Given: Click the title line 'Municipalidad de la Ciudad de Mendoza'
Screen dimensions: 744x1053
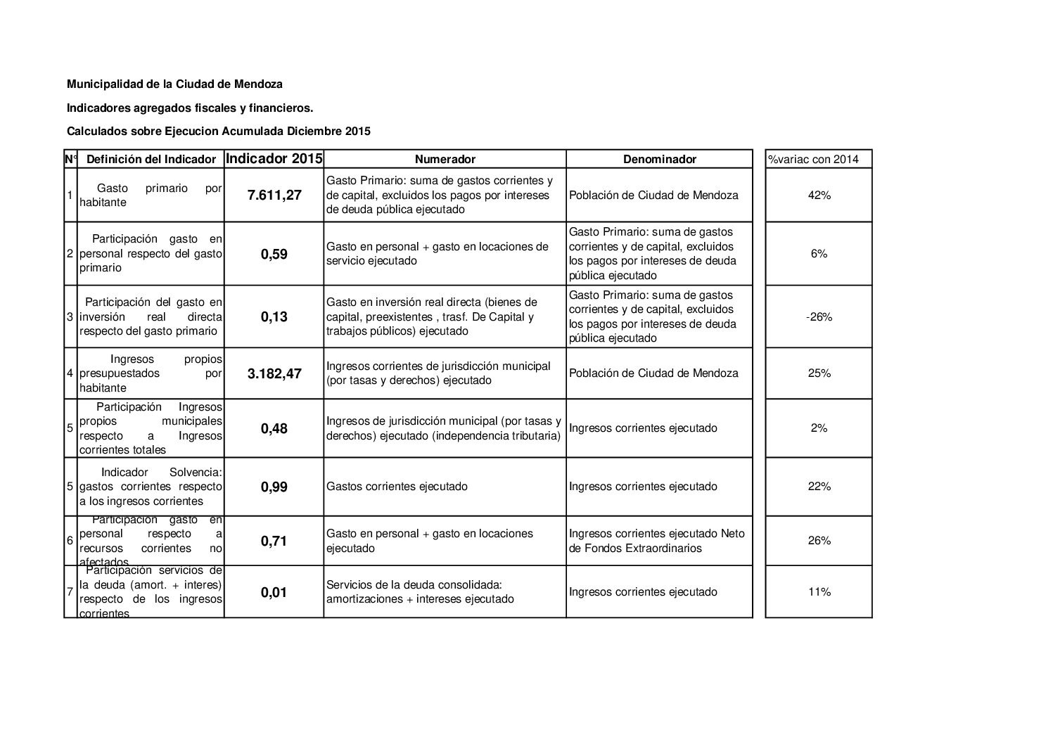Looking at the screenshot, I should click(x=174, y=84).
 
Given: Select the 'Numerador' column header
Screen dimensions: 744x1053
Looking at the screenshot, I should click(x=445, y=159).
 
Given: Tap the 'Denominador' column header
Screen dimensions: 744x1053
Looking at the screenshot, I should click(x=659, y=159).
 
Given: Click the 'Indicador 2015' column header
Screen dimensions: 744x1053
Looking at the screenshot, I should click(x=274, y=158).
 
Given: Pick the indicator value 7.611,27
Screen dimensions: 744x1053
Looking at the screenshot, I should click(x=274, y=195).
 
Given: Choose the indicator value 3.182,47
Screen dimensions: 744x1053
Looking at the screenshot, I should click(x=274, y=373).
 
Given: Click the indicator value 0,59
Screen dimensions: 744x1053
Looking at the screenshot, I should click(x=274, y=254).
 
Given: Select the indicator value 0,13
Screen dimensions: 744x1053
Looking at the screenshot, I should click(x=274, y=316).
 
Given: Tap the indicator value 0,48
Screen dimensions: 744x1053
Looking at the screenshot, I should click(x=274, y=428).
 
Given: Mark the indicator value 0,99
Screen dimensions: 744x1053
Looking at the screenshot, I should click(x=274, y=487).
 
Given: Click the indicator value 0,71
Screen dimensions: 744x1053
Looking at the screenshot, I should click(x=274, y=541).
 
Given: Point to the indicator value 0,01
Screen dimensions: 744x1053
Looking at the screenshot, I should click(x=274, y=592).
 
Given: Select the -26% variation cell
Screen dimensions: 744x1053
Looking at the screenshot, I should click(x=819, y=316).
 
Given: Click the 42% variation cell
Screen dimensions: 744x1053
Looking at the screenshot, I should click(x=819, y=195).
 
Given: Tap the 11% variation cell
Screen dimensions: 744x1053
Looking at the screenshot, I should click(x=819, y=591).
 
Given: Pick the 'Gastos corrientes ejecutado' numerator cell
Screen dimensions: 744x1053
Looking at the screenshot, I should click(x=397, y=487).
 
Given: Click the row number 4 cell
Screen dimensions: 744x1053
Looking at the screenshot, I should click(x=70, y=373).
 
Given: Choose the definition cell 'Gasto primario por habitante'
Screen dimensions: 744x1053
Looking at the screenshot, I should click(x=151, y=195).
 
